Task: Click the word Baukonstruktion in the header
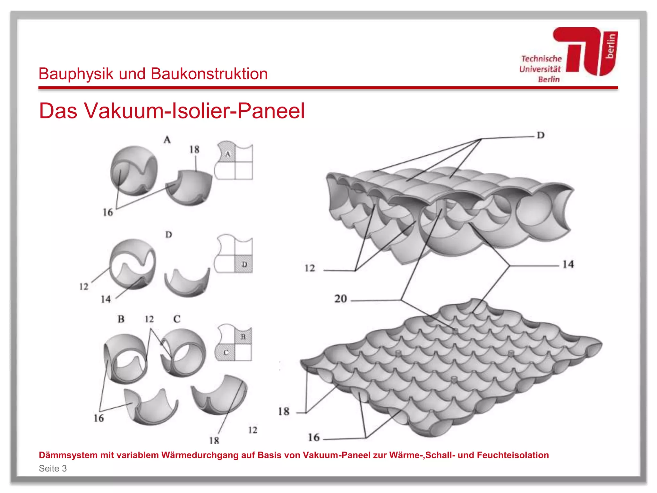coord(209,74)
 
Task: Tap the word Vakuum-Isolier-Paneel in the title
coord(194,111)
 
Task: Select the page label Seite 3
coord(53,468)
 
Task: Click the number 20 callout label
coord(341,299)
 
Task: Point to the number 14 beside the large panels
coord(568,264)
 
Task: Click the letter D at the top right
coord(541,135)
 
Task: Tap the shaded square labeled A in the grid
coord(227,153)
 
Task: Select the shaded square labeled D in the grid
coord(244,264)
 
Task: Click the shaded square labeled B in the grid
coord(243,337)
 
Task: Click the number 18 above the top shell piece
coord(194,149)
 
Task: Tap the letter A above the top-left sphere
coord(167,140)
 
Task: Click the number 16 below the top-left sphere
coord(108,212)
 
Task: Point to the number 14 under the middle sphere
coord(106,299)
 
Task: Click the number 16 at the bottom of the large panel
coord(314,437)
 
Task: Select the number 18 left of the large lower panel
coord(284,411)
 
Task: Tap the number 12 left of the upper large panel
coord(310,268)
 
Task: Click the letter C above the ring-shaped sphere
coord(177,319)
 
